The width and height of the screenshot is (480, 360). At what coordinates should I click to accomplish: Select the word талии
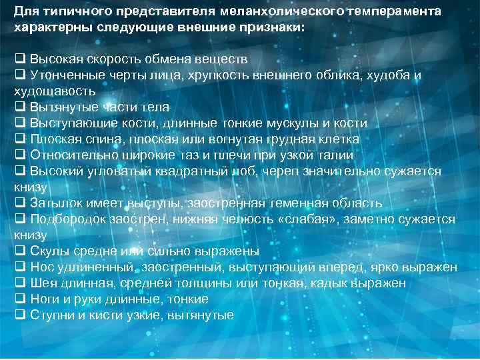point(337,155)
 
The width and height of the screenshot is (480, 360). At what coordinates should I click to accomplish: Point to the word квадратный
point(187,171)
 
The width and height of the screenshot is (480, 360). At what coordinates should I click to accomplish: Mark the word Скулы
point(47,251)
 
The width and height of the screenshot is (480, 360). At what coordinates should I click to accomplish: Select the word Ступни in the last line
point(51,315)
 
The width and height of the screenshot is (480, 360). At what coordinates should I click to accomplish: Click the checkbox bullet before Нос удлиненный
point(19,267)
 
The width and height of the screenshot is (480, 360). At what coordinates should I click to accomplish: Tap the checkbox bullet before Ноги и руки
point(19,299)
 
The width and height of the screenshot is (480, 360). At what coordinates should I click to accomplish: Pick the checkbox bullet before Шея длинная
point(19,283)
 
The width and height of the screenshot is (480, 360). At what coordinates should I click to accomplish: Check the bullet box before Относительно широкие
point(19,155)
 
